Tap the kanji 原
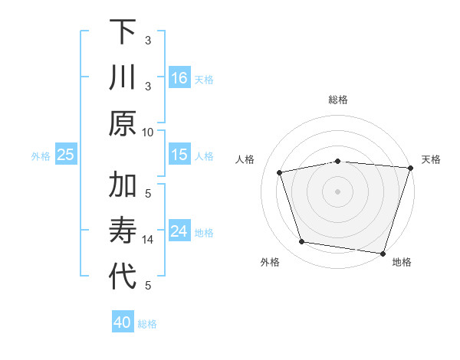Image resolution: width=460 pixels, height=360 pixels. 123,123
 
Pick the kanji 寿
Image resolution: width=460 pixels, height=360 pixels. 123,231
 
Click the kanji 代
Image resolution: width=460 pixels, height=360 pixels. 123,277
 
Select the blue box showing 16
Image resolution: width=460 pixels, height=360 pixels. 179,77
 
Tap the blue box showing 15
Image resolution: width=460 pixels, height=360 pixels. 179,155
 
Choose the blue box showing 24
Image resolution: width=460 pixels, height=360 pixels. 179,231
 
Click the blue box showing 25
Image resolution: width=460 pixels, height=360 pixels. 66,155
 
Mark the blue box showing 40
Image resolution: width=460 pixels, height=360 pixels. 123,322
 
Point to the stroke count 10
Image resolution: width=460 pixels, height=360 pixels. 148,132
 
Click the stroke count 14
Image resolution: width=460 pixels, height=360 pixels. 148,240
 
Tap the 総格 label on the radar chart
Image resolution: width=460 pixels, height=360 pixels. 337,100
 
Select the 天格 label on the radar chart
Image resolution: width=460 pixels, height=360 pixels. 431,159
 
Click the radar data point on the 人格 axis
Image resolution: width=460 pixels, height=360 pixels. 280,172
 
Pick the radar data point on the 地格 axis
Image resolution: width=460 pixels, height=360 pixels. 383,253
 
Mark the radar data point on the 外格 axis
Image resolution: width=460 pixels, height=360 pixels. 302,242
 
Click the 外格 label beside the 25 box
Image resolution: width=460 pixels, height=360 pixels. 41,155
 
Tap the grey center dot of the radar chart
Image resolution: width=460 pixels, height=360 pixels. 337,191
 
